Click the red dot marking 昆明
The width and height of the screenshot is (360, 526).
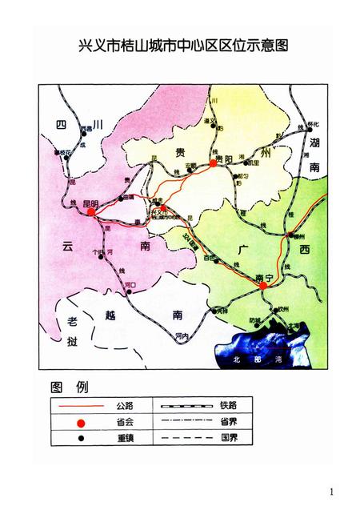click(x=91, y=213)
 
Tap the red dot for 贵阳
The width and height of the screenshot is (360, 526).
click(x=213, y=163)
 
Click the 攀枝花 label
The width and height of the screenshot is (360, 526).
click(x=61, y=152)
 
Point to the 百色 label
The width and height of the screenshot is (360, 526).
click(x=210, y=258)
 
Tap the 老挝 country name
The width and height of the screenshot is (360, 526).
click(x=71, y=331)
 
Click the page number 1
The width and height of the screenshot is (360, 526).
click(x=330, y=490)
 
